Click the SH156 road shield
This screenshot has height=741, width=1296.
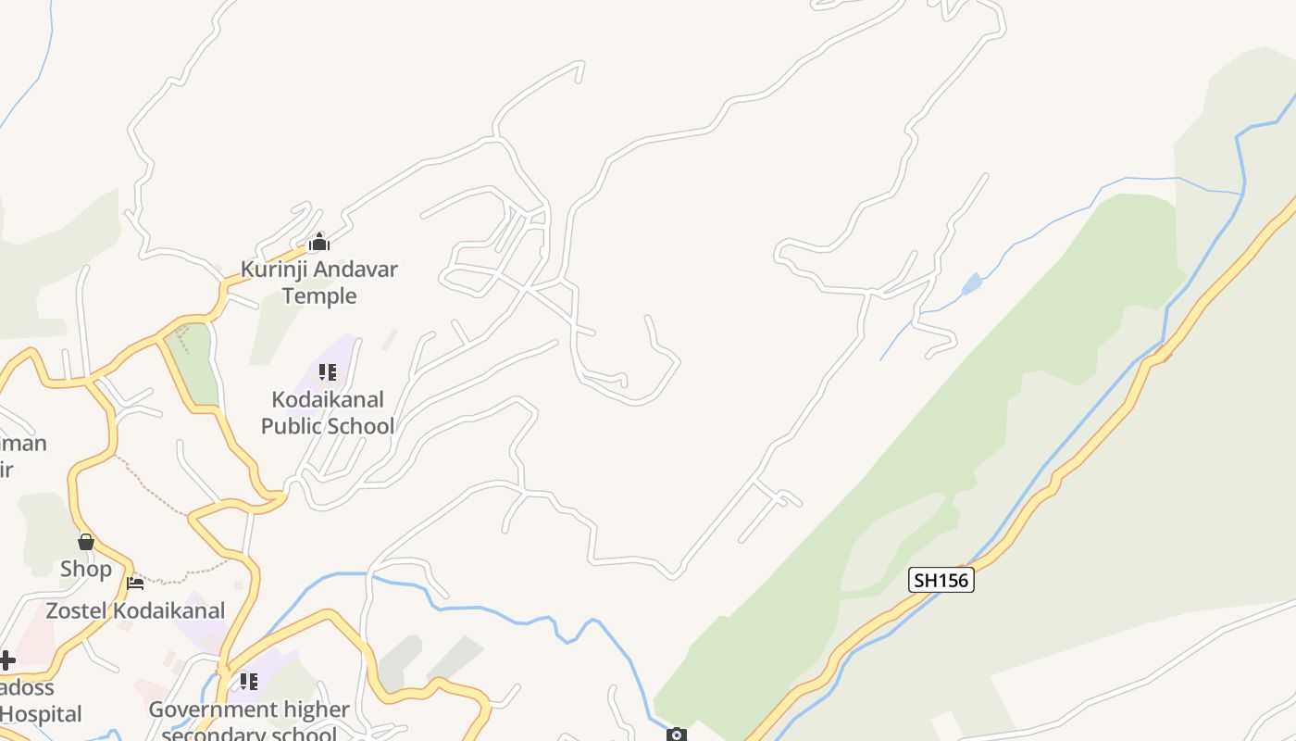[x=941, y=581]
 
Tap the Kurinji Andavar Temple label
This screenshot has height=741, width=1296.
[x=319, y=283]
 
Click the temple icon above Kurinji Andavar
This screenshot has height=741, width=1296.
[x=319, y=244]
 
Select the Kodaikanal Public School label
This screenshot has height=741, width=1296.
[x=327, y=413]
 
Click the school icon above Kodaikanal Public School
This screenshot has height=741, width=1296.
[x=327, y=372]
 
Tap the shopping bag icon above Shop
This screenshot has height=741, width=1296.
[x=86, y=542]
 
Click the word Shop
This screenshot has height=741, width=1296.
[x=86, y=569]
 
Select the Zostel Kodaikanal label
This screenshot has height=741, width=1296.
[x=135, y=610]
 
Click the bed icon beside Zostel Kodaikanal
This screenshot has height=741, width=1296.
[x=135, y=584]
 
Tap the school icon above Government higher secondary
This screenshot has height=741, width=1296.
[x=249, y=682]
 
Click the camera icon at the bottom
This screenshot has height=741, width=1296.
[x=677, y=735]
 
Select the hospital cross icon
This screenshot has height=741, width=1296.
[x=6, y=660]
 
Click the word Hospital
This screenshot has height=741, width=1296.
[x=41, y=714]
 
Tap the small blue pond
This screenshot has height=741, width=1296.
[x=971, y=283]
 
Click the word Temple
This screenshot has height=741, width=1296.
[x=319, y=295]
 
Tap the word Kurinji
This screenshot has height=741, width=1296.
[x=274, y=270]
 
